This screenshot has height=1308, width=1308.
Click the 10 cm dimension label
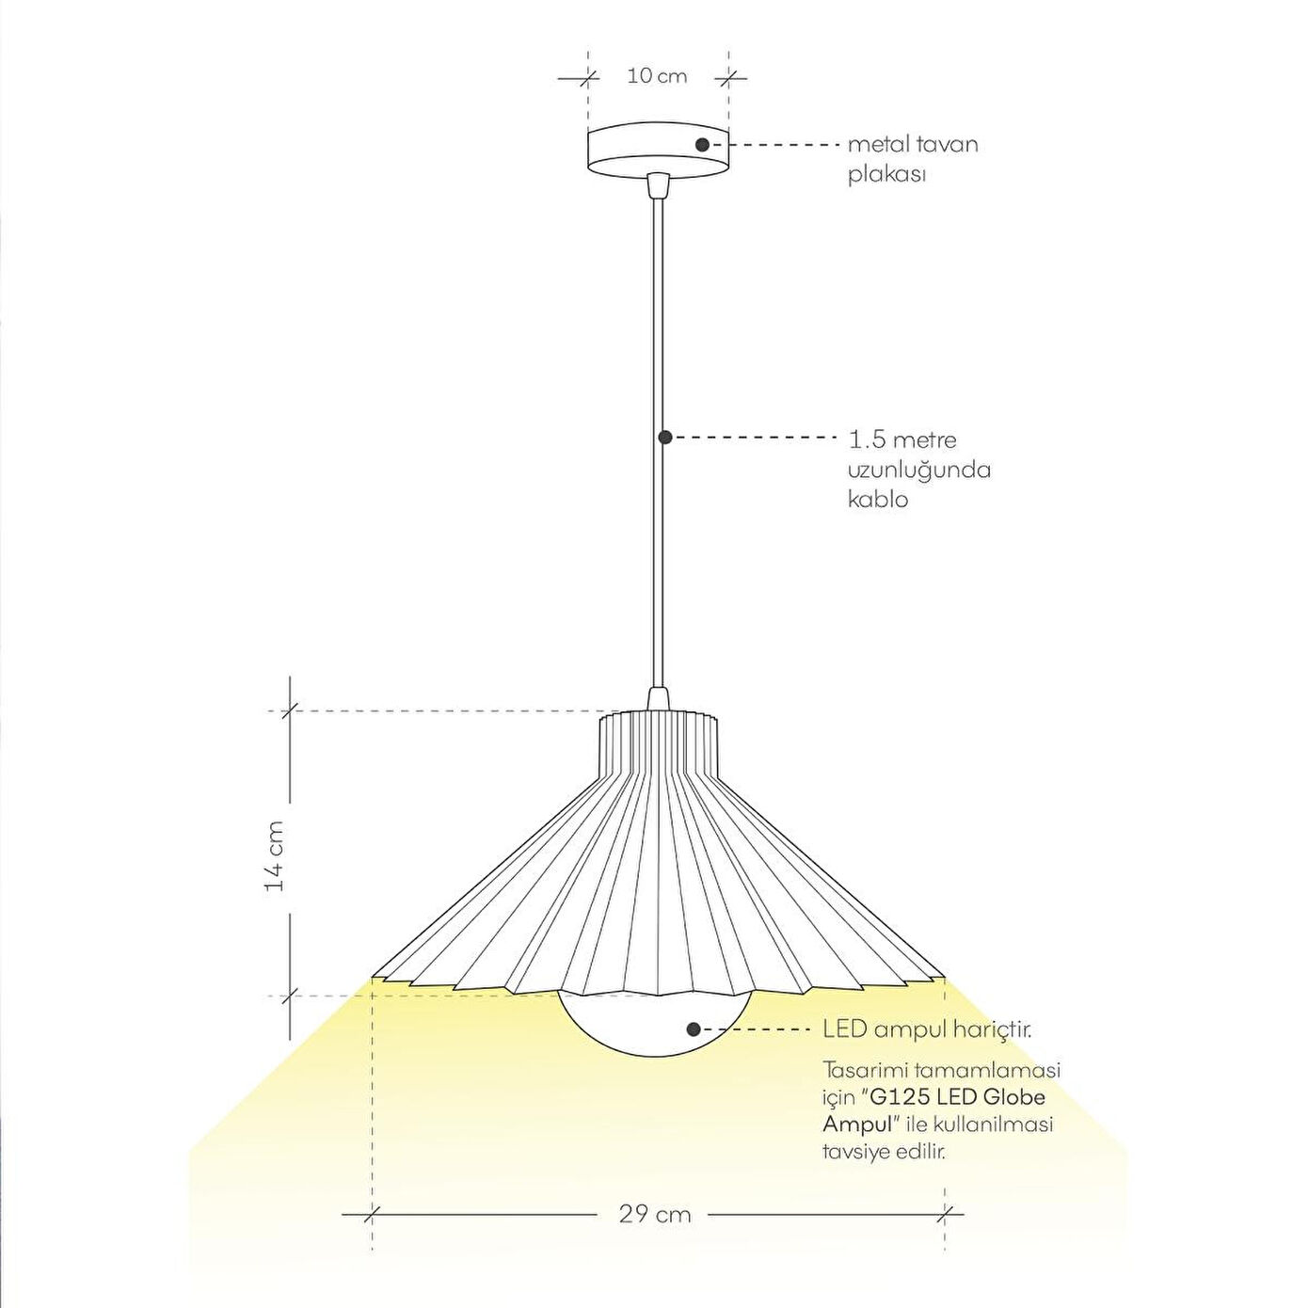(x=657, y=76)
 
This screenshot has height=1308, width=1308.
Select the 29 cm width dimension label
(x=655, y=1215)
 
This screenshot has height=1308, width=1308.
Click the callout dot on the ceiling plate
(x=702, y=145)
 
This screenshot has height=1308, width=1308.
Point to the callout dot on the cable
(x=664, y=437)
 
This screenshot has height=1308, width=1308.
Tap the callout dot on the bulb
(x=694, y=1029)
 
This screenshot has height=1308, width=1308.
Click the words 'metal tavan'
(x=913, y=145)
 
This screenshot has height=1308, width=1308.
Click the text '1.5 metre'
(x=902, y=439)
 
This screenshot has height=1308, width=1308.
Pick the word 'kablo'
(x=878, y=500)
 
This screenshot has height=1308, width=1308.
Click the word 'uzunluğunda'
(x=919, y=470)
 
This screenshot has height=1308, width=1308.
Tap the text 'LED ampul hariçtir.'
(x=927, y=1029)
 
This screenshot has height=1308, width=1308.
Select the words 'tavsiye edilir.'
(x=884, y=1152)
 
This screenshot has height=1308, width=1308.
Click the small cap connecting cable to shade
(x=658, y=699)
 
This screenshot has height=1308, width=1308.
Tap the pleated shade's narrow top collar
(x=659, y=743)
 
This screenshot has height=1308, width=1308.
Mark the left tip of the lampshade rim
(x=375, y=977)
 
